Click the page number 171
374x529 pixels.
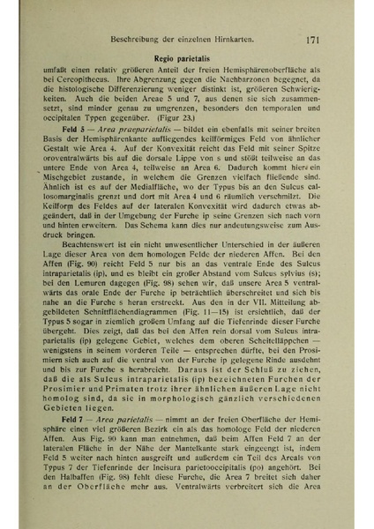[318, 39]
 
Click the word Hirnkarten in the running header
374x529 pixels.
[244, 40]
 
